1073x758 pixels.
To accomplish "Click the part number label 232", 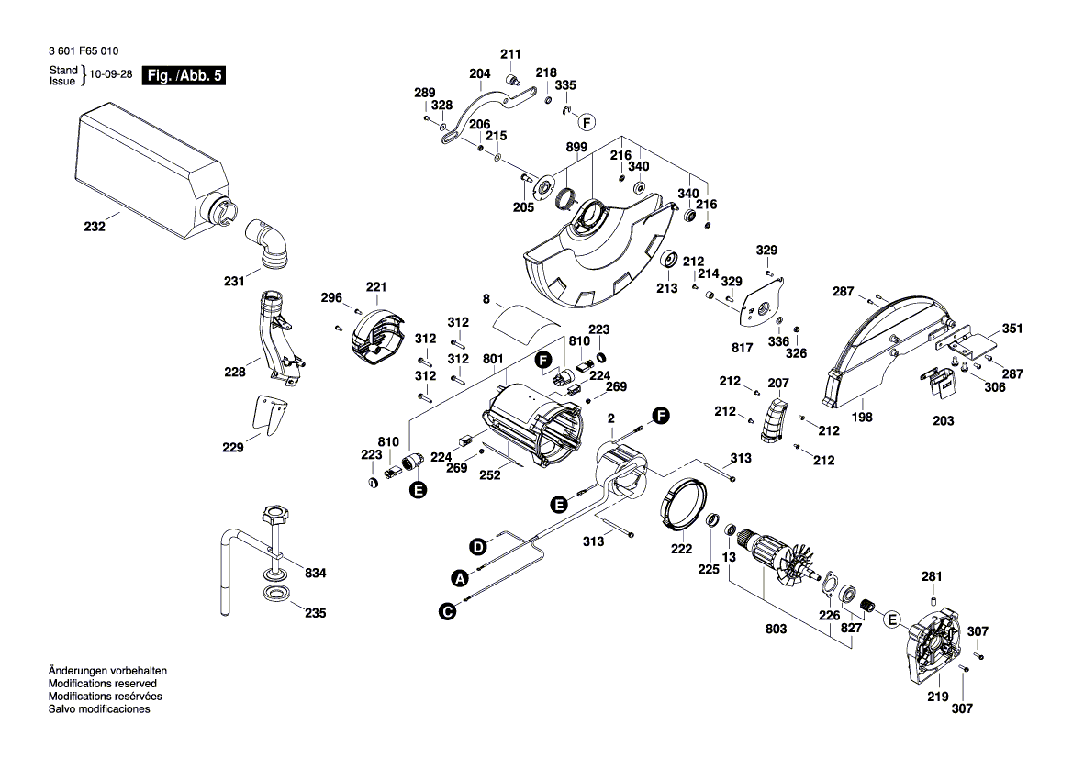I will click(x=95, y=226).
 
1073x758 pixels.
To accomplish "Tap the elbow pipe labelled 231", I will click(x=269, y=244).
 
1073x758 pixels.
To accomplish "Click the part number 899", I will click(x=576, y=149).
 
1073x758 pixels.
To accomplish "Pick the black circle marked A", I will click(x=459, y=578).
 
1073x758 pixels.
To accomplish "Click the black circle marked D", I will click(x=478, y=548).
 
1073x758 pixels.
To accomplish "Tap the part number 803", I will click(x=776, y=628).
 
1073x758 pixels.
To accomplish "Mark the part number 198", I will click(x=862, y=417).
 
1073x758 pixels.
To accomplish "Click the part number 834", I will click(x=316, y=574).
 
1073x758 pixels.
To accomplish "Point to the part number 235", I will click(x=316, y=613).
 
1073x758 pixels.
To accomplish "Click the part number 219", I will click(x=937, y=697).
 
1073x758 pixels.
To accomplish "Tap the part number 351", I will click(x=1012, y=329).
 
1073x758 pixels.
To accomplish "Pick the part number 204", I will click(x=479, y=73).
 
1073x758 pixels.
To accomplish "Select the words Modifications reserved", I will click(x=102, y=684).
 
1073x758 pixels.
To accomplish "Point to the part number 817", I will click(x=742, y=348).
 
